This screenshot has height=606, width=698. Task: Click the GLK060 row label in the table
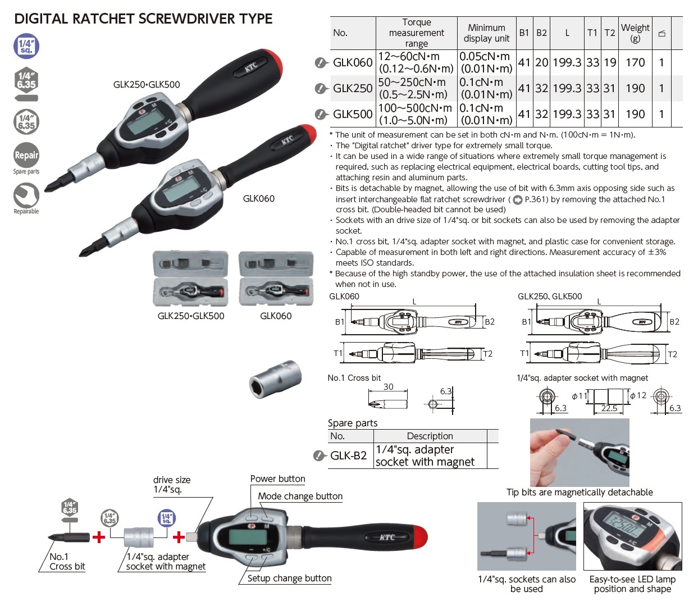[x=352, y=62]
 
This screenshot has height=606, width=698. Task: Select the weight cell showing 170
[x=635, y=62]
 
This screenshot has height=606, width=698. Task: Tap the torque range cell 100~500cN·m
[x=416, y=114]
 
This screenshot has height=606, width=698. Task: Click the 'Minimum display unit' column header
[x=486, y=33]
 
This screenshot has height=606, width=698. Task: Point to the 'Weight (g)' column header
[x=635, y=33]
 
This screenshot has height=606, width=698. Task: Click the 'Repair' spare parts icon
[x=26, y=156]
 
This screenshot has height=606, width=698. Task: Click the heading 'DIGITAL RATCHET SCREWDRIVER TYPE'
[x=143, y=19]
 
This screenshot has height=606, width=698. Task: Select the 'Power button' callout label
[x=277, y=479]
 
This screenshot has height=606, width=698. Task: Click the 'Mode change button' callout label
[x=300, y=496]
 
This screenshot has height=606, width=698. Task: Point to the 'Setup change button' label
[x=289, y=578]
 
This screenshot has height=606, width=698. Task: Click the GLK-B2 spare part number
[x=348, y=455]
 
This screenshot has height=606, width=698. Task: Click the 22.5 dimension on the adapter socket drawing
[x=609, y=408]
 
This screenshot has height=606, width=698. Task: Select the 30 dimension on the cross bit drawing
[x=388, y=386]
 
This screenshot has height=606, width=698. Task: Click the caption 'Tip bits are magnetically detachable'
[x=580, y=493]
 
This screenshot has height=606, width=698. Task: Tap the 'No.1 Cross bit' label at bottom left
[x=67, y=562]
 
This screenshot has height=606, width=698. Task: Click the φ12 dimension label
[x=638, y=395]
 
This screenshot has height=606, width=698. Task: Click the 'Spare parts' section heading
[x=353, y=423]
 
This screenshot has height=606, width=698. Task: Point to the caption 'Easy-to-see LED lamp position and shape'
[x=632, y=584]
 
